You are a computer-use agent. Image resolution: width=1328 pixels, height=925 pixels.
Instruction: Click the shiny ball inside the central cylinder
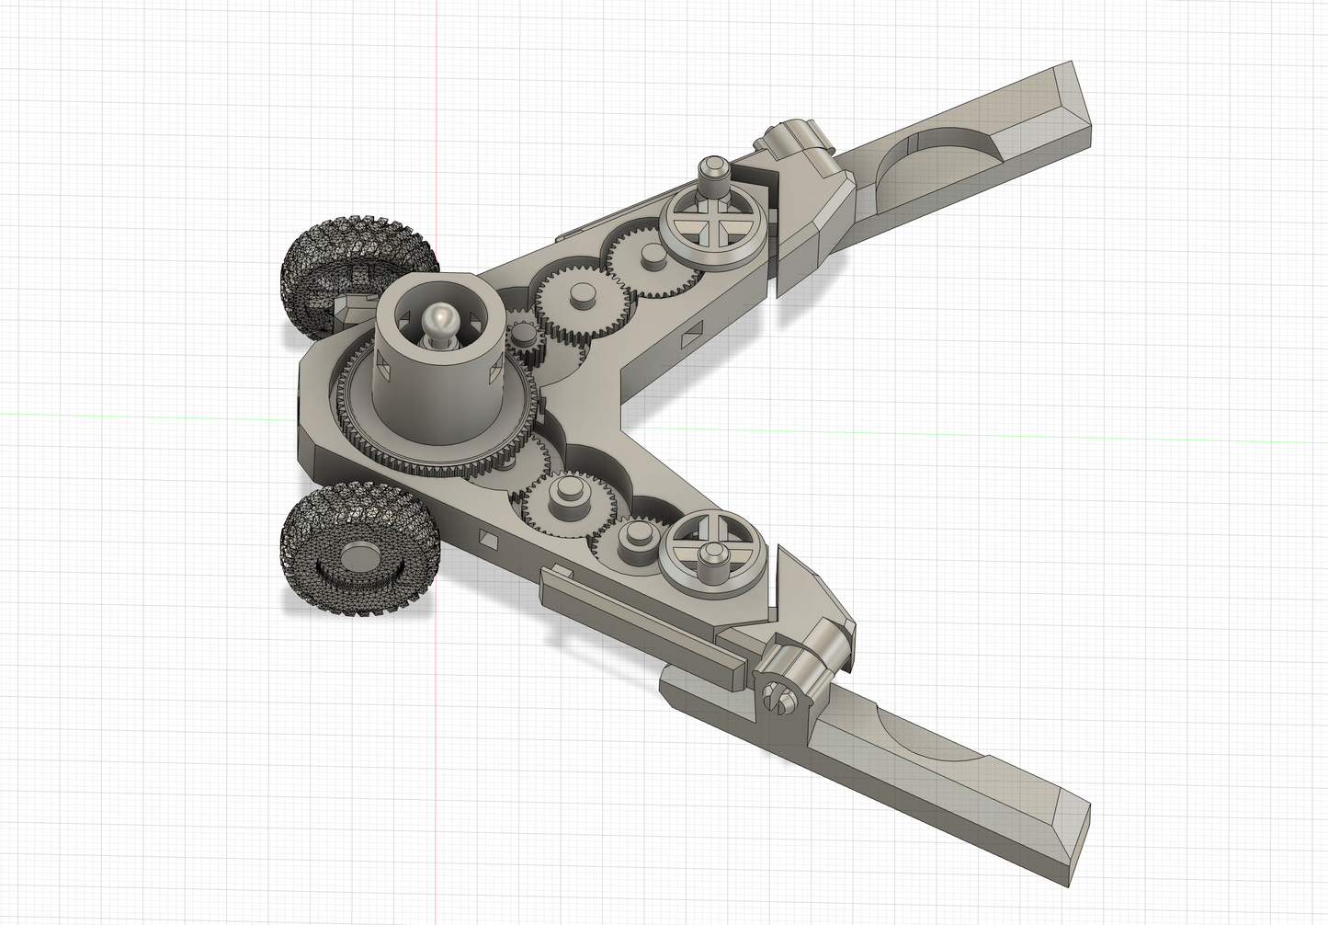click(438, 323)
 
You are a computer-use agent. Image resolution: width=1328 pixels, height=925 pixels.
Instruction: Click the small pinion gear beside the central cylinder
click(525, 340)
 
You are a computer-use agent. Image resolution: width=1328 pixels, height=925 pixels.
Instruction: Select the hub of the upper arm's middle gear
click(580, 295)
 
